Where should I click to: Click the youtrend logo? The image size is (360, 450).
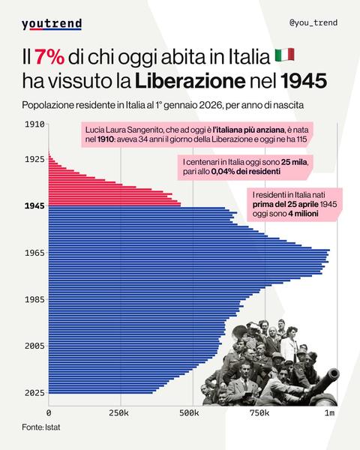[51, 24]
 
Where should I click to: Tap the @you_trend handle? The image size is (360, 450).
[313, 22]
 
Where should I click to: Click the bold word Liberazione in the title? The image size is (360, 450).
[202, 79]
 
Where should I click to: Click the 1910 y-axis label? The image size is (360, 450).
[34, 124]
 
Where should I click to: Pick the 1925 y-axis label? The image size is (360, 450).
[34, 159]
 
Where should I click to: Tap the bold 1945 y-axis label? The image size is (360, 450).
[34, 205]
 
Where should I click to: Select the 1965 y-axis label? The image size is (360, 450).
[34, 253]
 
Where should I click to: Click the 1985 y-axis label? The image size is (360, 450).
[34, 299]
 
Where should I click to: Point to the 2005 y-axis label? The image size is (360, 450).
[34, 346]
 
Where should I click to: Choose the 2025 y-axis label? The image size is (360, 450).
[34, 392]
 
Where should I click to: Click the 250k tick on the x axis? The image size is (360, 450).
[119, 413]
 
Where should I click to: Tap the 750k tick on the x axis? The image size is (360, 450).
[259, 413]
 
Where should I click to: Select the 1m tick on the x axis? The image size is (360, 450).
[329, 413]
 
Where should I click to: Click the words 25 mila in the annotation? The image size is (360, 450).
[295, 162]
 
